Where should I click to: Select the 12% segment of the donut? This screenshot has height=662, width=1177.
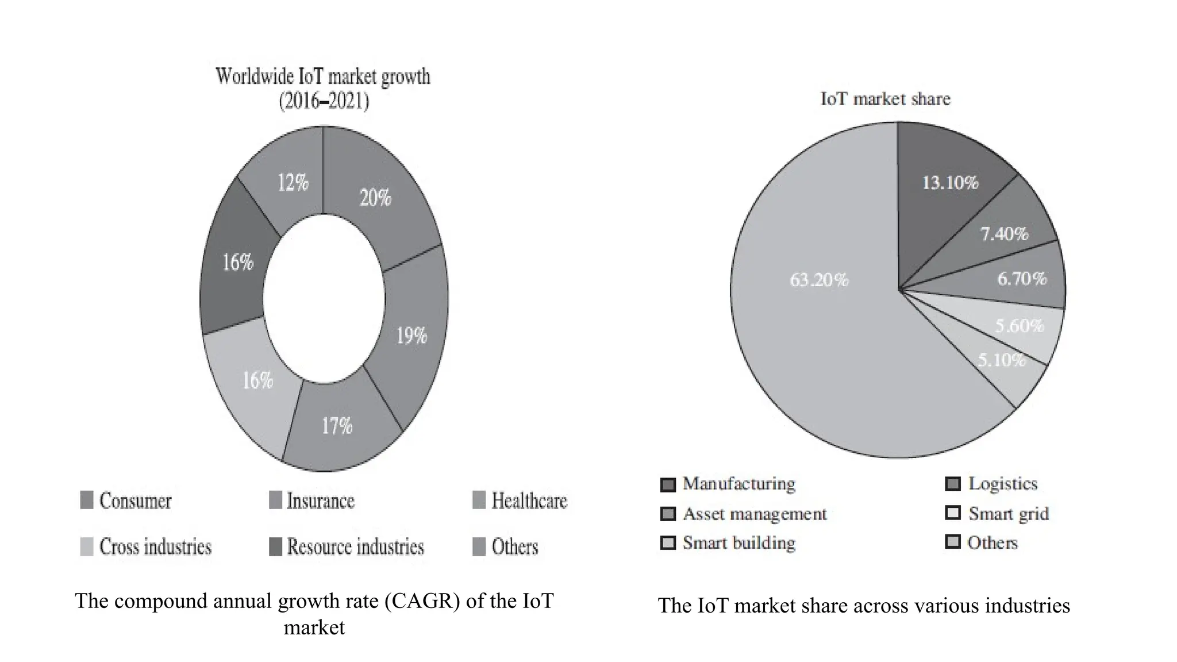pyautogui.click(x=293, y=183)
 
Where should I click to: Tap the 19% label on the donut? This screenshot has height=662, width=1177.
pyautogui.click(x=411, y=335)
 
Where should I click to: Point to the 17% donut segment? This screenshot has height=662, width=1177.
pyautogui.click(x=337, y=426)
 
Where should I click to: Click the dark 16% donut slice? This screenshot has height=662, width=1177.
pyautogui.click(x=238, y=263)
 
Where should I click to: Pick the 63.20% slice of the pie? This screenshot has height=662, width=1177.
pyautogui.click(x=819, y=280)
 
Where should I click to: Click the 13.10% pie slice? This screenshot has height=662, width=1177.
pyautogui.click(x=950, y=183)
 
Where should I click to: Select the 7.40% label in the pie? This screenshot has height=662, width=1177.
pyautogui.click(x=1004, y=234)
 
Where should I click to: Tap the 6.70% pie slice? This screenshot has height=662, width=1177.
pyautogui.click(x=1022, y=279)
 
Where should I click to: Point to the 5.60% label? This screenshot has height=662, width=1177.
pyautogui.click(x=1020, y=326)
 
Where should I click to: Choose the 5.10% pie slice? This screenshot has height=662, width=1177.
pyautogui.click(x=1002, y=360)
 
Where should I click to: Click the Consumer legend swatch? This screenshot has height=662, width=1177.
pyautogui.click(x=87, y=500)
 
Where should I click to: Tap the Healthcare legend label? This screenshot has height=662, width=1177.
pyautogui.click(x=529, y=501)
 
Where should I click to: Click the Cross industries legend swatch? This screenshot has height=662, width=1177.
pyautogui.click(x=87, y=546)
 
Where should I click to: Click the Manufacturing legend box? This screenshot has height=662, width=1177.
pyautogui.click(x=668, y=484)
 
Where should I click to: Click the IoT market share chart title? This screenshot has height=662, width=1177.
pyautogui.click(x=885, y=99)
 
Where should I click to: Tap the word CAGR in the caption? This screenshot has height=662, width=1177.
pyautogui.click(x=422, y=601)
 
